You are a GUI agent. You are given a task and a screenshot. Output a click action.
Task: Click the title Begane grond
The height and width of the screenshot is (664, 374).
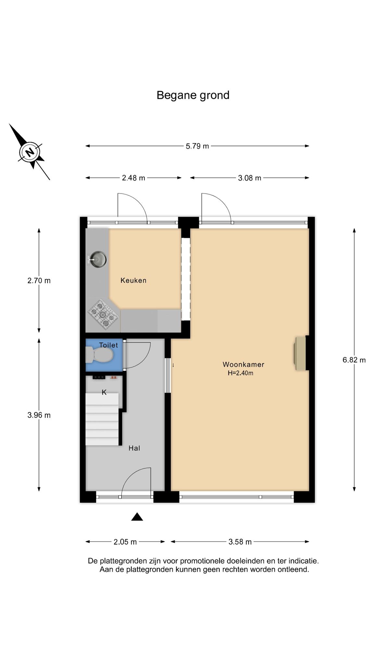point(193,95)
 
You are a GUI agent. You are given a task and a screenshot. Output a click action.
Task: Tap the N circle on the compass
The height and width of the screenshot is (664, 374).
point(30,152)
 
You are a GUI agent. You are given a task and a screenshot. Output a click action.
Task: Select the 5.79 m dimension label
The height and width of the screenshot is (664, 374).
point(197,146)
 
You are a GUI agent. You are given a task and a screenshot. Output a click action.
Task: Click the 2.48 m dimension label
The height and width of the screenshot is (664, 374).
point(133,178)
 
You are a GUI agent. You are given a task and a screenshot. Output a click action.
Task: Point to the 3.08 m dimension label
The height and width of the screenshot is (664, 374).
point(250,178)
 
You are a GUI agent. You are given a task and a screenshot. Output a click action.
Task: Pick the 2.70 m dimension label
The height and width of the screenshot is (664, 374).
point(39,281)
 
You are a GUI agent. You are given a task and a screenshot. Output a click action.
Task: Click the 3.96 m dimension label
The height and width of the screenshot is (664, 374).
point(39,415)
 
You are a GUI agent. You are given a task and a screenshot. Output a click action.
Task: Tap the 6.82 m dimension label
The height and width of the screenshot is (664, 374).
point(354,360)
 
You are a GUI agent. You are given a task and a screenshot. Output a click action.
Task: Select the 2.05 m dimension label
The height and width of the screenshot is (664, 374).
point(125,542)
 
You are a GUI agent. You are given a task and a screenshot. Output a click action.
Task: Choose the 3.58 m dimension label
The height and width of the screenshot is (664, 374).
point(240,542)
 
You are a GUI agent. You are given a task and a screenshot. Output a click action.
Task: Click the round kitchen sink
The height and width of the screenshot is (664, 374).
point(98,260)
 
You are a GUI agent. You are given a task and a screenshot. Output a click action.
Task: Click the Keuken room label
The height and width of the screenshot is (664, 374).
point(133,280)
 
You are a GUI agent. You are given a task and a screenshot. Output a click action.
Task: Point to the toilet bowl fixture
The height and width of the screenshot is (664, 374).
point(99,355)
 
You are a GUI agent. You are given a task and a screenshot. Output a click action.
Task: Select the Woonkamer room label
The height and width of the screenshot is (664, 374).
point(243,364)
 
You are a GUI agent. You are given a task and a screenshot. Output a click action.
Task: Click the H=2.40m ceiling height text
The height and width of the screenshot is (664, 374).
point(241,373)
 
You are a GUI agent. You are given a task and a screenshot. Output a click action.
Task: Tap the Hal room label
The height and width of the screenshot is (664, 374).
point(134,448)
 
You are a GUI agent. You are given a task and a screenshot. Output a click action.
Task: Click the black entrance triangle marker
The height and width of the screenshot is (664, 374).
point(137,517)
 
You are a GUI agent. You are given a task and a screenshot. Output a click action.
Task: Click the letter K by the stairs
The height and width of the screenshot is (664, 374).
point(104,393)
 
